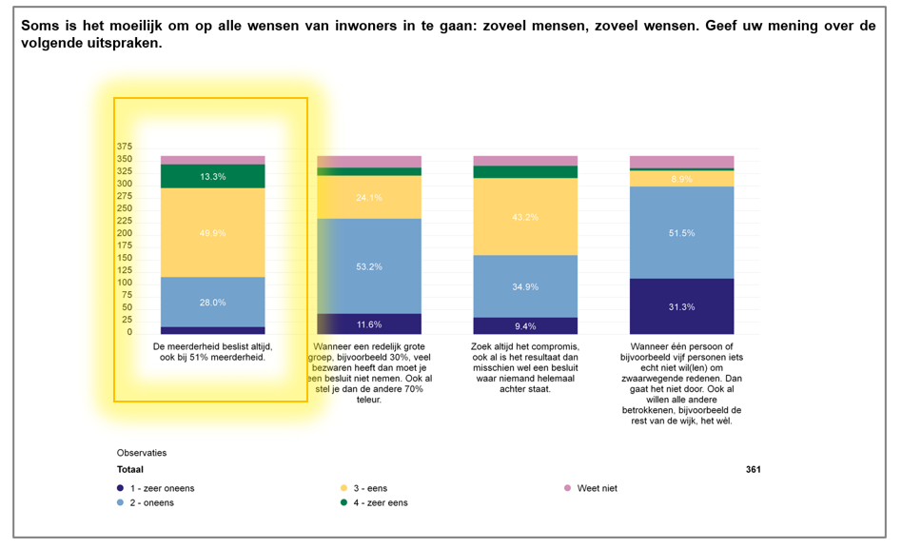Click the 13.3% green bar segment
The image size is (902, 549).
point(212,176)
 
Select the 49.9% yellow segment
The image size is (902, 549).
point(212,232)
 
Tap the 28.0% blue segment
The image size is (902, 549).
point(212,302)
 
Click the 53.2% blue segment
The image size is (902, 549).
point(369,266)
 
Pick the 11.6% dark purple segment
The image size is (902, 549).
point(369,324)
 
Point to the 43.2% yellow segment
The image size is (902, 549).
point(525,217)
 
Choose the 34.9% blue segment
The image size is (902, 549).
point(525,286)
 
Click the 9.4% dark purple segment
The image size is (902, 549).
point(525,325)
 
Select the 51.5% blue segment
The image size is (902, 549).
point(681,232)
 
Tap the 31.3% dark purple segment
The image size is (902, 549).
point(681,306)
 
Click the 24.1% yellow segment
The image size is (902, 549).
point(369,197)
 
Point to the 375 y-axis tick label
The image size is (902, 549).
point(125,147)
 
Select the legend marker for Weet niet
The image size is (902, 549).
point(568,488)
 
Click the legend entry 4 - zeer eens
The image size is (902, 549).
point(381,502)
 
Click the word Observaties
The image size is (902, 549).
point(142,453)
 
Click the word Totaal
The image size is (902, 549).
point(130,469)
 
